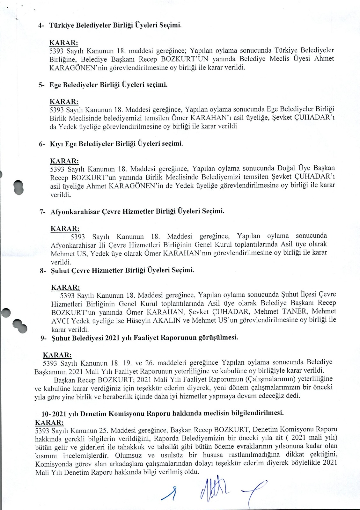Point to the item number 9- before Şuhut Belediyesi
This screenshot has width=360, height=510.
(x=44, y=339)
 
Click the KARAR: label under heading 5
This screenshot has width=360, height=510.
(x=64, y=102)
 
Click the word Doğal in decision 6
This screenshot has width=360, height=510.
(x=285, y=168)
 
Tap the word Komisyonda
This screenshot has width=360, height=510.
(x=53, y=463)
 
